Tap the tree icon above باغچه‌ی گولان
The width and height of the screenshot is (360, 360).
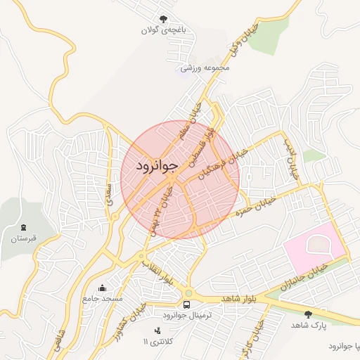tap(164, 19)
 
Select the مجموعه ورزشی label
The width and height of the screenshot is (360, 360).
tap(206, 68)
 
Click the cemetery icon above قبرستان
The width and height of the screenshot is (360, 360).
tap(25, 227)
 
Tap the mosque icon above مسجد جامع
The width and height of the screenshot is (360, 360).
tap(103, 287)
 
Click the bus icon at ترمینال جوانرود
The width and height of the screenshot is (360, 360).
tap(186, 304)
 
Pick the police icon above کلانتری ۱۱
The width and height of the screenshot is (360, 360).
tap(157, 330)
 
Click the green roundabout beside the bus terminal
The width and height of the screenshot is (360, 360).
tap(188, 293)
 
